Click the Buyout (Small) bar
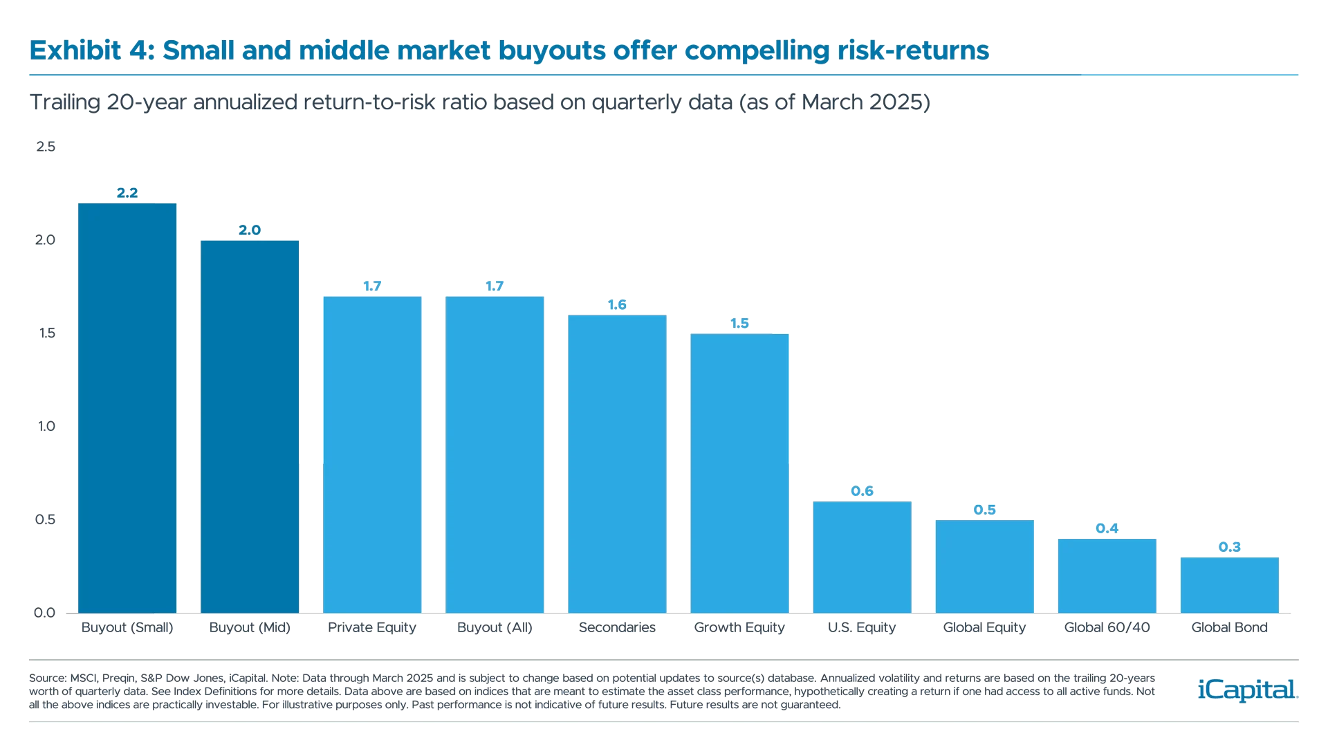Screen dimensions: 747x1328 127,408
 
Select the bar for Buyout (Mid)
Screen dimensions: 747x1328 249,425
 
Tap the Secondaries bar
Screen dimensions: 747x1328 617,463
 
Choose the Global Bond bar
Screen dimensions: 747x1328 1229,584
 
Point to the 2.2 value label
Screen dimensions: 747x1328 127,193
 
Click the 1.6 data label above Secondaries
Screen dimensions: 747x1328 617,305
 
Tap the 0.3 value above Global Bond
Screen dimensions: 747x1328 1229,547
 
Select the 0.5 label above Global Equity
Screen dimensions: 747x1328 984,510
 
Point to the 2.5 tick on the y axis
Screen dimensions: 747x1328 45,147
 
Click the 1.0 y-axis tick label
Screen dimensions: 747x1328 46,426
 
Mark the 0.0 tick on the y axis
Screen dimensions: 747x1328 44,612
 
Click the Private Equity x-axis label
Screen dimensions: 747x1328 372,627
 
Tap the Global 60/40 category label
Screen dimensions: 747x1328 1107,627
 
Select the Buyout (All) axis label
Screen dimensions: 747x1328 495,627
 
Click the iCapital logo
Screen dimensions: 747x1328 1245,690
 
